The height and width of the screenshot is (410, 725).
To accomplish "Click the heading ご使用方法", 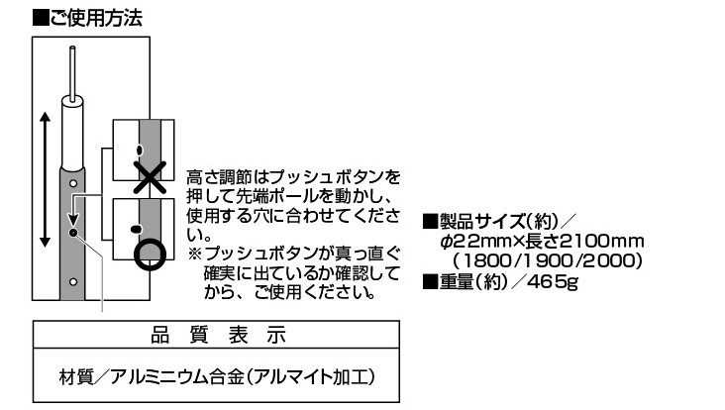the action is click(96, 19).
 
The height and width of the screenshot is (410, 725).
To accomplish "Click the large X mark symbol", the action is click(150, 177).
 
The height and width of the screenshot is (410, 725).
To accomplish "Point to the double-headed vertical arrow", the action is click(45, 179).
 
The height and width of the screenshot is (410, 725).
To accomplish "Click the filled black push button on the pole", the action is click(73, 233).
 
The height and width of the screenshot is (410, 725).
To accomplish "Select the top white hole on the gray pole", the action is click(73, 183).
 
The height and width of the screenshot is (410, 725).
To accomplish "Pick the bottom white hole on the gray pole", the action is click(73, 281).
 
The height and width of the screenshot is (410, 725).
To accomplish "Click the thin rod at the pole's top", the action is click(72, 73).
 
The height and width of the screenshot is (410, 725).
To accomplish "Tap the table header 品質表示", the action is click(219, 335).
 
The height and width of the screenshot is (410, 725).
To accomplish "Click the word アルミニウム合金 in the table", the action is click(177, 377).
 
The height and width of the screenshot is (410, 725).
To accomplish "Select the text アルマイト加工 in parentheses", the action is click(309, 377).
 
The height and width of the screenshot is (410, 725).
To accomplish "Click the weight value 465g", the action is click(552, 281).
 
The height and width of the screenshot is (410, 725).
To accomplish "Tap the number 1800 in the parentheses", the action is click(486, 261).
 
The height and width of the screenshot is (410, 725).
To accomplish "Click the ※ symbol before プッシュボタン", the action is click(195, 254).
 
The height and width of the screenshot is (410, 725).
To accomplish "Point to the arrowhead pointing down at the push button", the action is click(73, 220).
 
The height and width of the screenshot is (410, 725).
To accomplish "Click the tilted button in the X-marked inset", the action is click(140, 150).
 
